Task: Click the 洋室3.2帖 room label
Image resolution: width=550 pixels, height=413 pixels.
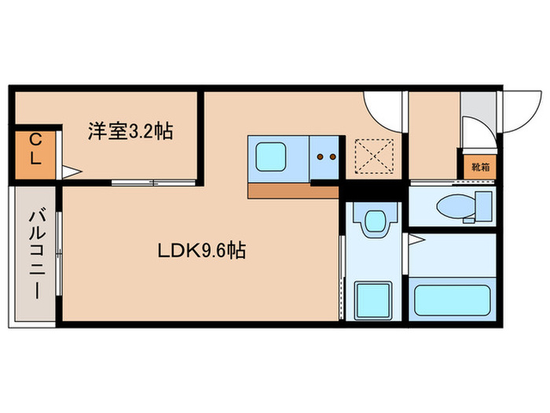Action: [x=130, y=131]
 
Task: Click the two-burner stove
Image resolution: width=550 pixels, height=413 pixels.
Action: [x=325, y=157]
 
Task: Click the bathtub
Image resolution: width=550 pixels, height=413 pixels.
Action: [x=453, y=299]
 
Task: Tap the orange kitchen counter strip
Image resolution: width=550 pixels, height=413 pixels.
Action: [x=292, y=190]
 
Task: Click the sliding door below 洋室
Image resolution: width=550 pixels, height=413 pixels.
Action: [x=153, y=183]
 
